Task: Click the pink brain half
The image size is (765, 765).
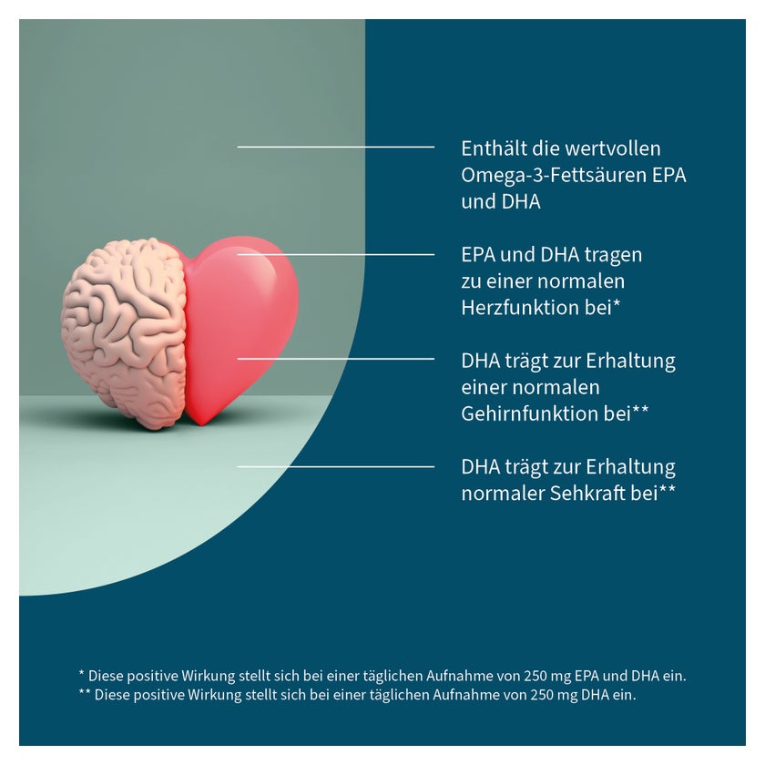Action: tap(125, 331)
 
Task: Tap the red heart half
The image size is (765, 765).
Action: tap(239, 327)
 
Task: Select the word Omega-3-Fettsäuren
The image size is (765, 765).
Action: tap(554, 175)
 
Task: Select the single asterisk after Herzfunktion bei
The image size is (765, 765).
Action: tap(617, 304)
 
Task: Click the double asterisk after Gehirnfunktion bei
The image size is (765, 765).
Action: tap(640, 411)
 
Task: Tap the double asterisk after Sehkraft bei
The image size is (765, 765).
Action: tap(668, 490)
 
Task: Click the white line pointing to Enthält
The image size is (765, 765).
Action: tap(336, 147)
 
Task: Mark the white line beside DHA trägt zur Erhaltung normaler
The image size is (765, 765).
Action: tap(336, 467)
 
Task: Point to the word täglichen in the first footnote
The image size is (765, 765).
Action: tap(393, 677)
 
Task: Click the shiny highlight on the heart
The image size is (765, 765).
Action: tap(266, 270)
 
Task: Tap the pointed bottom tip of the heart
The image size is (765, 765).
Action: tap(201, 425)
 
